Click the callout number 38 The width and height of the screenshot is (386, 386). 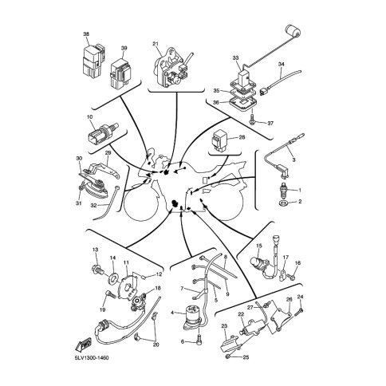[x=86, y=34]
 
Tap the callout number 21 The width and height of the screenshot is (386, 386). [x=156, y=43]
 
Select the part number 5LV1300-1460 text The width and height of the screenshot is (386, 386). [x=92, y=358]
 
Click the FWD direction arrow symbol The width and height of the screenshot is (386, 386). [x=83, y=345]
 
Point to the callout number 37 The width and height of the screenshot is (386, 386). [x=270, y=124]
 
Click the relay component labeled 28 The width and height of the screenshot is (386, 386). [x=219, y=140]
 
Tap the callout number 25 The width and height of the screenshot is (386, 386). [x=246, y=357]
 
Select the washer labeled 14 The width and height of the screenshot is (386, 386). [x=112, y=278]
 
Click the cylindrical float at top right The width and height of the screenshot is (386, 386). [x=293, y=30]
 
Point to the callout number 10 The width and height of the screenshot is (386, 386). [x=90, y=116]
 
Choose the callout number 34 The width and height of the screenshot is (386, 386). [x=282, y=65]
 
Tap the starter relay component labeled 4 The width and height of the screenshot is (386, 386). [x=193, y=316]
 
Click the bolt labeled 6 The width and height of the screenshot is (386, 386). [x=199, y=341]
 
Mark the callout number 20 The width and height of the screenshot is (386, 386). [x=156, y=345]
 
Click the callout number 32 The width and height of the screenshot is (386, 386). [x=93, y=206]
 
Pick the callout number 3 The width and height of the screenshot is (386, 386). [x=293, y=160]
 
